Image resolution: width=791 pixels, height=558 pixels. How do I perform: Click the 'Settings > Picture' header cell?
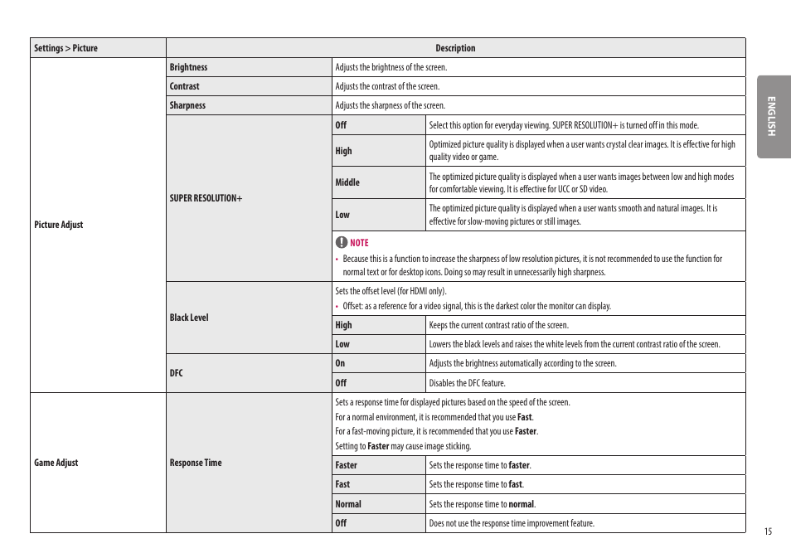(66, 48)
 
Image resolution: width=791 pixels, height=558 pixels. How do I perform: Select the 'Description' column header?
(455, 48)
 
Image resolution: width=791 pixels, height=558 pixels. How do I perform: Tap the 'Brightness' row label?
(188, 67)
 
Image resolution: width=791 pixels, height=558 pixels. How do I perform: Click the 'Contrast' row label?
(184, 86)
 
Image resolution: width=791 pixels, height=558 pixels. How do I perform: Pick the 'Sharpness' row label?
(187, 105)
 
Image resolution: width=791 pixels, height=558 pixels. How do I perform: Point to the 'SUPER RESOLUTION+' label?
(206, 198)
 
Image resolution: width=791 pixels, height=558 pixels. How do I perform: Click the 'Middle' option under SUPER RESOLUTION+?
(347, 182)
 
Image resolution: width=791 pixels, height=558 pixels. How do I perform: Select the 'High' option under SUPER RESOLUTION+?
(343, 151)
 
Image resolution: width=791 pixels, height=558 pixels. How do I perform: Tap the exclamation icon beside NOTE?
(341, 242)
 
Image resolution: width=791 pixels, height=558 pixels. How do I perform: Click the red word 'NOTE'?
(359, 243)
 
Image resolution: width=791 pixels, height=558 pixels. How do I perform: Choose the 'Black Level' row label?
(189, 318)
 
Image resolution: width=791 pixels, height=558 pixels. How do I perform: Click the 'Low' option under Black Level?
(342, 344)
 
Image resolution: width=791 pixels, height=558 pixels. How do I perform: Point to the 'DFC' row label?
(176, 373)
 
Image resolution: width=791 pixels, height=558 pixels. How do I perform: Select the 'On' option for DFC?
(340, 363)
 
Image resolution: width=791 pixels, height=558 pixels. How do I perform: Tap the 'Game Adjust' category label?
(56, 463)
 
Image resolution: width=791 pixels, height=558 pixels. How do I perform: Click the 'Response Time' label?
(196, 463)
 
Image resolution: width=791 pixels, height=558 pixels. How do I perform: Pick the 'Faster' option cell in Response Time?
(347, 465)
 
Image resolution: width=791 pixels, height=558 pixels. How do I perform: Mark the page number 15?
(768, 531)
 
